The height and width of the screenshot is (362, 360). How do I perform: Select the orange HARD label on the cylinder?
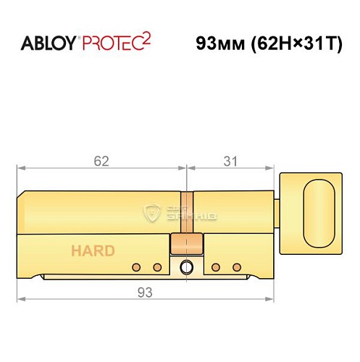pyautogui.click(x=92, y=251)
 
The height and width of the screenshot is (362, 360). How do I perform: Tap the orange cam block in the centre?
pyautogui.click(x=183, y=243)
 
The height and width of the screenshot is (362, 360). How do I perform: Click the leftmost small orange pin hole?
pyautogui.click(x=135, y=268)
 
